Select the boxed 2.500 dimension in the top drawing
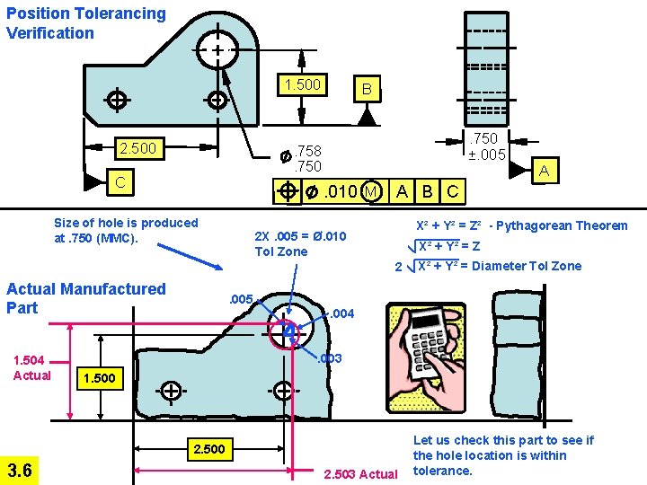click(x=137, y=148)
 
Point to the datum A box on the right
click(x=543, y=169)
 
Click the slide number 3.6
click(x=19, y=469)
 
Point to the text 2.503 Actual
click(x=359, y=473)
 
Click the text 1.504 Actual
click(x=31, y=368)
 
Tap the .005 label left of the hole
click(x=240, y=299)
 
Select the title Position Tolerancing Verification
click(x=85, y=23)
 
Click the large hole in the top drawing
click(x=218, y=50)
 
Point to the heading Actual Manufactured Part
click(x=85, y=298)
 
